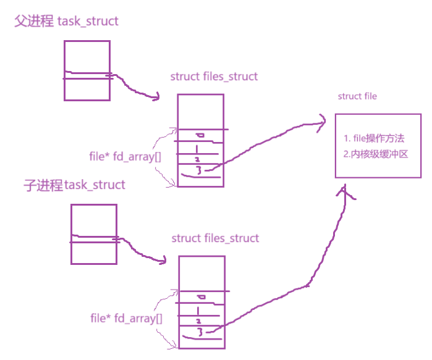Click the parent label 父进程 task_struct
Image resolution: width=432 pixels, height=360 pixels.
coord(66,22)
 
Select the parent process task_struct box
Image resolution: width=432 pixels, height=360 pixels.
coord(87,70)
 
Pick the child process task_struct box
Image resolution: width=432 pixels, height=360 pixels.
coord(93,234)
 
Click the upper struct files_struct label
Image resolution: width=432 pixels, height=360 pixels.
coord(214,77)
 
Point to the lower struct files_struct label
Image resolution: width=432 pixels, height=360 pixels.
coord(215,238)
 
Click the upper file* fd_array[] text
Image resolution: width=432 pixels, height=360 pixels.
coord(125,156)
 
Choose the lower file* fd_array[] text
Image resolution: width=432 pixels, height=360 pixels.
coord(126,319)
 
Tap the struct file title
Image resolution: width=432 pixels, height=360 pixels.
coord(357,96)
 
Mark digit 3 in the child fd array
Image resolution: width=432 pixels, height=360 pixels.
coord(200,333)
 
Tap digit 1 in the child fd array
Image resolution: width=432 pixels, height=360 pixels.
coord(198,311)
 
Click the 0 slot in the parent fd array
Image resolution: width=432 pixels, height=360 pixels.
coord(199,135)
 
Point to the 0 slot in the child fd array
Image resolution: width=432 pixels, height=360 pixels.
coord(200,298)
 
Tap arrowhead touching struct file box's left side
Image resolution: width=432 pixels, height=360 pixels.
coord(321,121)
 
